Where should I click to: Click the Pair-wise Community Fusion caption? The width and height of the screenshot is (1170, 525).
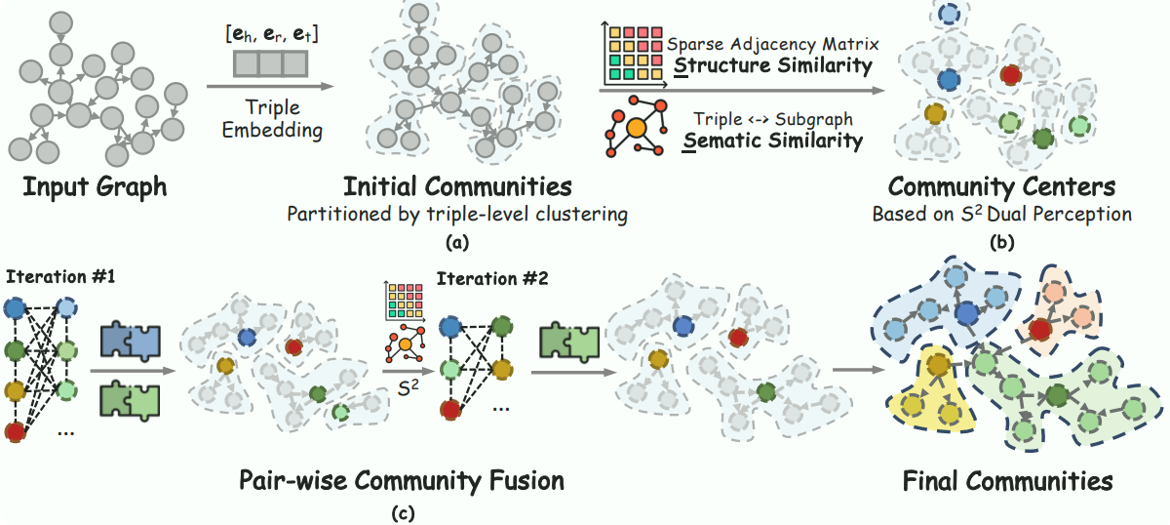[402, 479]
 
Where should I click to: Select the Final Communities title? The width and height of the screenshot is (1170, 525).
[1008, 480]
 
